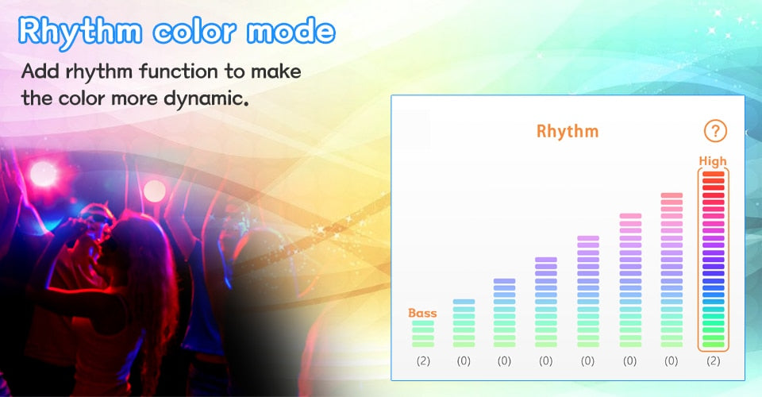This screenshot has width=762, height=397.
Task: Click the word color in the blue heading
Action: click(x=194, y=32)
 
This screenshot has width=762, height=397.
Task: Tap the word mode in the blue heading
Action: click(x=291, y=31)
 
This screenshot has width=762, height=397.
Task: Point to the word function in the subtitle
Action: click(x=179, y=71)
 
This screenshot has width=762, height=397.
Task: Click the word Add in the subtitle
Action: click(x=40, y=71)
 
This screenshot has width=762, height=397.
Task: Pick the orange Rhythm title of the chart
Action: click(x=567, y=131)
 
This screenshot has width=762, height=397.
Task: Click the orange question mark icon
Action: click(x=715, y=131)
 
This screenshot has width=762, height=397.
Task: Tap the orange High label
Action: click(x=713, y=161)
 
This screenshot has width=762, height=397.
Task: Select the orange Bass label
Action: click(x=422, y=313)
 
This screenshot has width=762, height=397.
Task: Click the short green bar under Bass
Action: click(x=423, y=333)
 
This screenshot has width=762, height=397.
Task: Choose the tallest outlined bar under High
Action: click(x=714, y=260)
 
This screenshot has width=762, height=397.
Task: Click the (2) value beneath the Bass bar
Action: click(x=423, y=360)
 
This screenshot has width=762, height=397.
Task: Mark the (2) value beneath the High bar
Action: click(x=714, y=360)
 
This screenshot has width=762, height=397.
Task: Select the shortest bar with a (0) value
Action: click(x=464, y=323)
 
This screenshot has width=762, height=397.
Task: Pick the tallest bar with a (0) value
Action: click(x=672, y=270)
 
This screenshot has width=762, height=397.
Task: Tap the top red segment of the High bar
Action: click(x=714, y=174)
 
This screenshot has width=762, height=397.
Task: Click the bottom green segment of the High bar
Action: click(x=714, y=345)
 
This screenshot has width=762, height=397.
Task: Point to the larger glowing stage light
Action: click(x=43, y=173)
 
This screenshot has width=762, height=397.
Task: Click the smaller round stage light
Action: click(x=155, y=191)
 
